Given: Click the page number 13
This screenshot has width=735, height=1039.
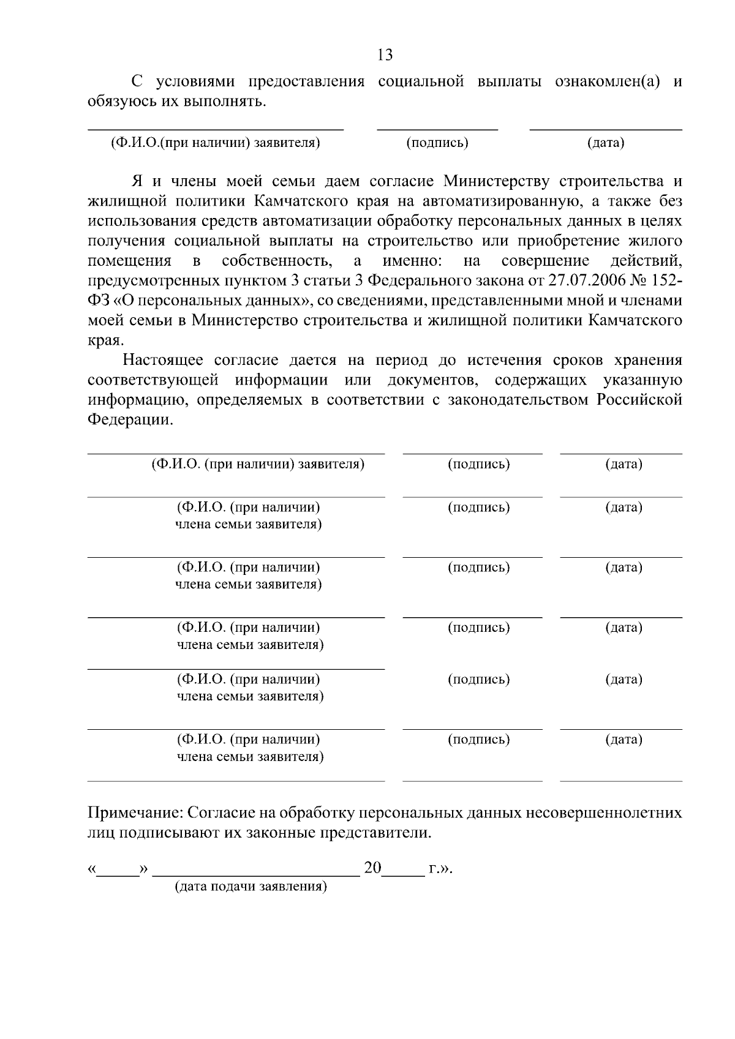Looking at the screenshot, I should point(385,55).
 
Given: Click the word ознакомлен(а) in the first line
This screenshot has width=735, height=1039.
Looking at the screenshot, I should point(607,81).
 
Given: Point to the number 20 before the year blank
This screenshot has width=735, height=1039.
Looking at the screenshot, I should point(372,868).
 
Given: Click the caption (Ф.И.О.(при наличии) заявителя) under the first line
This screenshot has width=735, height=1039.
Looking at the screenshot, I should point(216,143).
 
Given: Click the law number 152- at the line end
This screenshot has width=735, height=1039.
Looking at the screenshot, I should point(664,281).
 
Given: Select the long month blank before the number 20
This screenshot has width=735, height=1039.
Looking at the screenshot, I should point(256,870).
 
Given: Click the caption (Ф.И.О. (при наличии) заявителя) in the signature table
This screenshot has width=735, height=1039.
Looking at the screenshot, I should point(258,463).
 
